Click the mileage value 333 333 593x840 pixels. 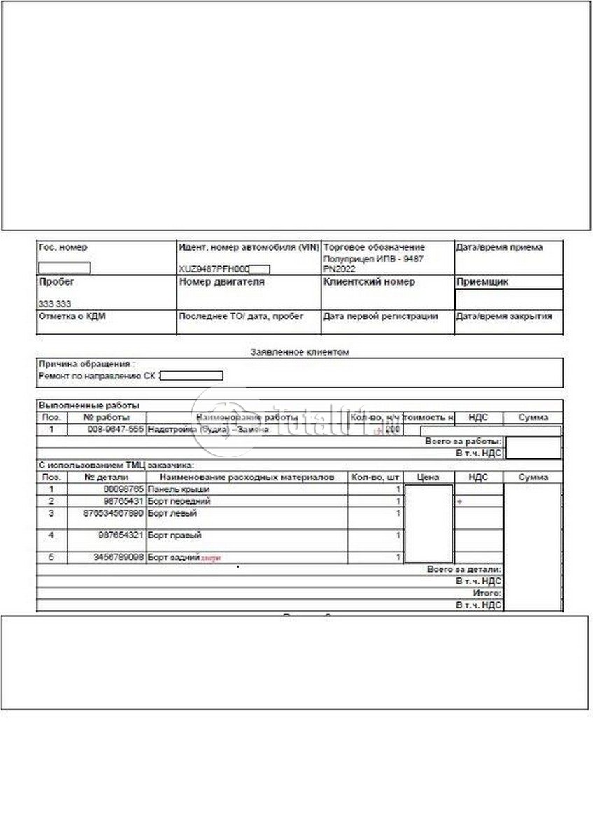click(x=55, y=304)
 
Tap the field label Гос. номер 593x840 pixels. click(x=64, y=248)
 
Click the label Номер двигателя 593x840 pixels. click(x=222, y=282)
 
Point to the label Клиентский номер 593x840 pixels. click(x=369, y=282)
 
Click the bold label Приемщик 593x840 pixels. click(x=482, y=283)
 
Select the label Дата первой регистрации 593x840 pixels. click(x=380, y=316)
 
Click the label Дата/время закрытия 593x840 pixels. click(x=504, y=316)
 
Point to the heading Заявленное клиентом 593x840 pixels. click(x=299, y=352)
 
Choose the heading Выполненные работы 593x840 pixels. click(x=89, y=406)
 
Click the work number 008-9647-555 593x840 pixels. click(x=116, y=429)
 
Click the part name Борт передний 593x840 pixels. click(x=180, y=502)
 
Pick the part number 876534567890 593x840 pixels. click(x=112, y=514)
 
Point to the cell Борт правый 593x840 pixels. click(x=175, y=536)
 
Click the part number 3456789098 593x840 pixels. click(x=117, y=558)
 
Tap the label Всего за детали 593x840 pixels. click(x=464, y=570)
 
